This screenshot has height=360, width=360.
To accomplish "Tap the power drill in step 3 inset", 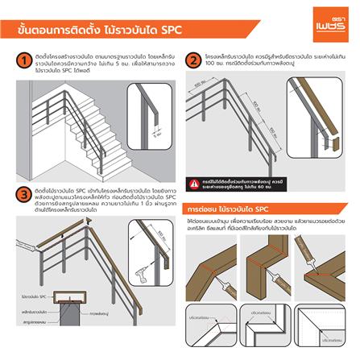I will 142,254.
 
